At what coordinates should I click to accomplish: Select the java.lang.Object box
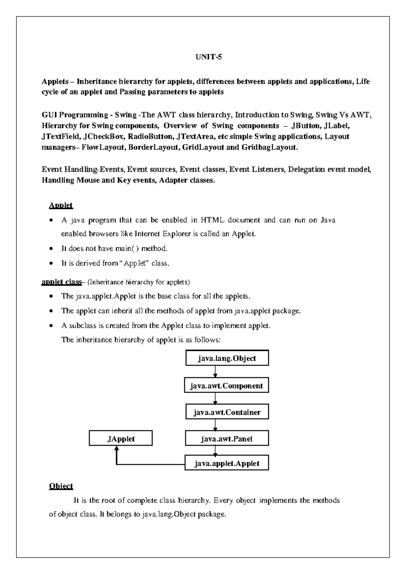[x=227, y=358]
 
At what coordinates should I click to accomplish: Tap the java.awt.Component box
[x=226, y=386]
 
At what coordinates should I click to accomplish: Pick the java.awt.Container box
[x=227, y=412]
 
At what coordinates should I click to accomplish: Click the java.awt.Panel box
[x=227, y=439]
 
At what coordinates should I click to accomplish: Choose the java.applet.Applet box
[x=227, y=463]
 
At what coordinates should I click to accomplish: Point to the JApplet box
[x=121, y=439]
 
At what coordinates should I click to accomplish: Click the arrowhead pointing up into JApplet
[x=116, y=449]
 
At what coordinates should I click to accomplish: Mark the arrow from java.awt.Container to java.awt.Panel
[x=215, y=425]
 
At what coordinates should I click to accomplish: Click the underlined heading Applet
[x=61, y=205]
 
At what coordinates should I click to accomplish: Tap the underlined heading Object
[x=61, y=486]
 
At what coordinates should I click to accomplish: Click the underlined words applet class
[x=62, y=282]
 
